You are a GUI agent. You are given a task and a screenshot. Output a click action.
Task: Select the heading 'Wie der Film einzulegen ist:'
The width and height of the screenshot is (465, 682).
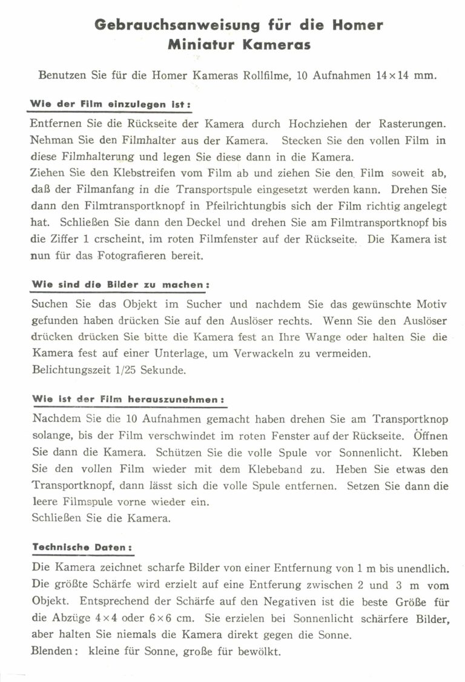tap(111, 105)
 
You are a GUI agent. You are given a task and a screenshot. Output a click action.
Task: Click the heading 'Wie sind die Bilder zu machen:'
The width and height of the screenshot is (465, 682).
tap(120, 283)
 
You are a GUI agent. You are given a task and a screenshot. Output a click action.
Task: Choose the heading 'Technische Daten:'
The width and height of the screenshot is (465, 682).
tap(82, 547)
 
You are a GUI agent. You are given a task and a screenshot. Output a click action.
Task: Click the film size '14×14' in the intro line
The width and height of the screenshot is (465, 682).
tap(386, 76)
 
